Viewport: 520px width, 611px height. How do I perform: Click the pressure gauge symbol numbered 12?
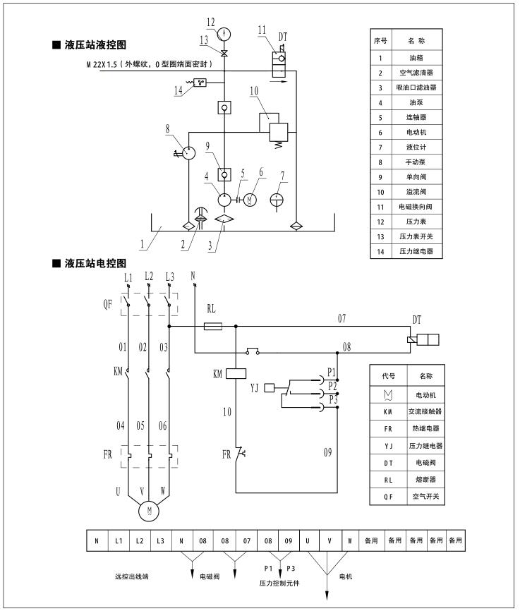pos(224,33)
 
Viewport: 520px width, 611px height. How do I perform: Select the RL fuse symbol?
pos(212,327)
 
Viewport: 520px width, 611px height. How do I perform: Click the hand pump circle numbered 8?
pos(188,152)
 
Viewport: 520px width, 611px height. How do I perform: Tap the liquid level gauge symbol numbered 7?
pos(279,200)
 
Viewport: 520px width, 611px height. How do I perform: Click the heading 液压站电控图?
pos(95,263)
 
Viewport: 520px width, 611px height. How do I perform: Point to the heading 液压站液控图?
pos(95,44)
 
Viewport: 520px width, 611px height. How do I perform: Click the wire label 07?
pos(341,319)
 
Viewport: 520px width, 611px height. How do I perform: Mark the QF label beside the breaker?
pos(107,304)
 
